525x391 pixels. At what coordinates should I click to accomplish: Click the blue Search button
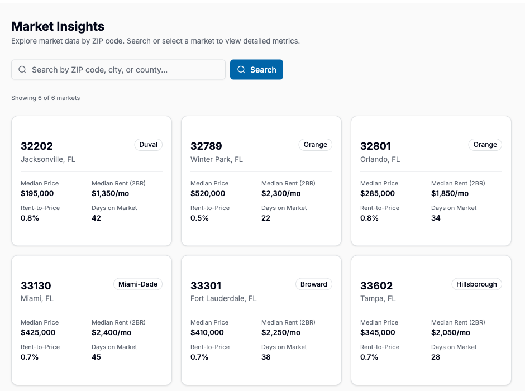click(x=256, y=70)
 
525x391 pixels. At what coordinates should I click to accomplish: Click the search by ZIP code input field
click(x=123, y=70)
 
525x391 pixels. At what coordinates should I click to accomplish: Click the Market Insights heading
click(x=58, y=26)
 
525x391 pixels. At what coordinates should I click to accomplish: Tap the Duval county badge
click(x=148, y=145)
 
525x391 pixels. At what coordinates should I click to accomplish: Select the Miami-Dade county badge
click(x=137, y=284)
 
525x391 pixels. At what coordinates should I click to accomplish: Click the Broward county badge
click(x=313, y=284)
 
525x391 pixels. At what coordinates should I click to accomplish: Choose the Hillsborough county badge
click(x=476, y=284)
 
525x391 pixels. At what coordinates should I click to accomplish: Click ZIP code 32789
click(x=206, y=146)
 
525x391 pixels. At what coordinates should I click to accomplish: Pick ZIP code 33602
click(x=376, y=286)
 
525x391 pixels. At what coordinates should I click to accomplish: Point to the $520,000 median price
click(x=208, y=193)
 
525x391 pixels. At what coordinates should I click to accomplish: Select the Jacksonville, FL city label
click(x=48, y=159)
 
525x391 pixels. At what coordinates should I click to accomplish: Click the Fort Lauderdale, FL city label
click(x=223, y=298)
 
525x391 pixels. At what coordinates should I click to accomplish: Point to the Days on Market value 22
click(x=266, y=218)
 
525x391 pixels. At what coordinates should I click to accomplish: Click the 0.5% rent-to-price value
click(x=199, y=218)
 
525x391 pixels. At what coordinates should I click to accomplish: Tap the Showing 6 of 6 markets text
click(x=45, y=98)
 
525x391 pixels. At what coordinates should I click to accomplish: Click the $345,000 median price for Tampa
click(x=378, y=332)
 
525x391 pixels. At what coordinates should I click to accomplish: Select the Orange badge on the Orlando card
click(x=485, y=145)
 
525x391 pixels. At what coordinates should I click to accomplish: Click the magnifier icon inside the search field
click(x=22, y=70)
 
